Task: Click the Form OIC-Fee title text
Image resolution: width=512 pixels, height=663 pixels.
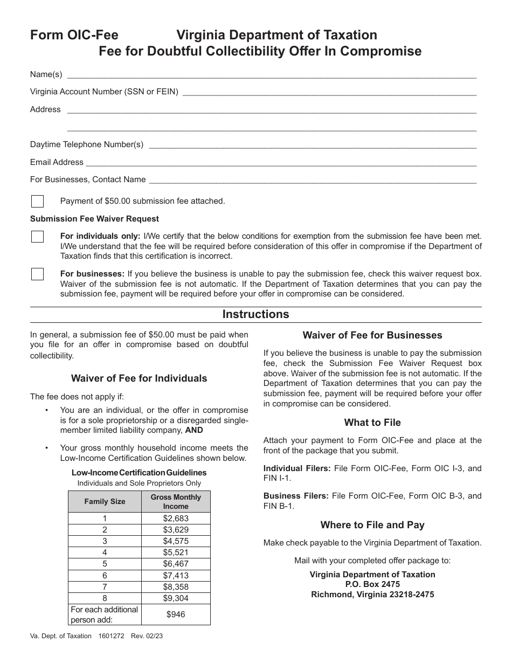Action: point(74,36)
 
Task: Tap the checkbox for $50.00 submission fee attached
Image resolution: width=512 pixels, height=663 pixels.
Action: point(37,201)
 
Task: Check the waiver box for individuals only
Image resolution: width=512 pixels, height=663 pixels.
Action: point(37,237)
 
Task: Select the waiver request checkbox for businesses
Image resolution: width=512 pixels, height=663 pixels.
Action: point(37,274)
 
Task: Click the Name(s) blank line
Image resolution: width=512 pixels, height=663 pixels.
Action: point(271,75)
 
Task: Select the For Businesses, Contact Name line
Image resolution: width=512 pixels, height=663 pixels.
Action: point(312,181)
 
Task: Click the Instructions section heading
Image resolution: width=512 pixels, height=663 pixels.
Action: point(255,314)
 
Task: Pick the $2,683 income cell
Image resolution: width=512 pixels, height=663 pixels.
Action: point(176,518)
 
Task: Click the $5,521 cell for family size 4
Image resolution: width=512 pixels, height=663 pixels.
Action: point(176,552)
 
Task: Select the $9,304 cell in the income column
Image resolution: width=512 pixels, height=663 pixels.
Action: point(176,598)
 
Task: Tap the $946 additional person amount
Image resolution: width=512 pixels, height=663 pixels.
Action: point(176,614)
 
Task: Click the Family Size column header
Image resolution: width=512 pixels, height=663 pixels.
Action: point(105,501)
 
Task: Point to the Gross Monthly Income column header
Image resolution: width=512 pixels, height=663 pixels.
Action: point(176,501)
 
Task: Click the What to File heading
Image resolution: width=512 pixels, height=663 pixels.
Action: point(372,423)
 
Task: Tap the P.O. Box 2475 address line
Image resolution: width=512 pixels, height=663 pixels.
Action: point(372,584)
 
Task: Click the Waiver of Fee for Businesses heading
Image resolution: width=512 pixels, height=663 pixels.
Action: point(372,335)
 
